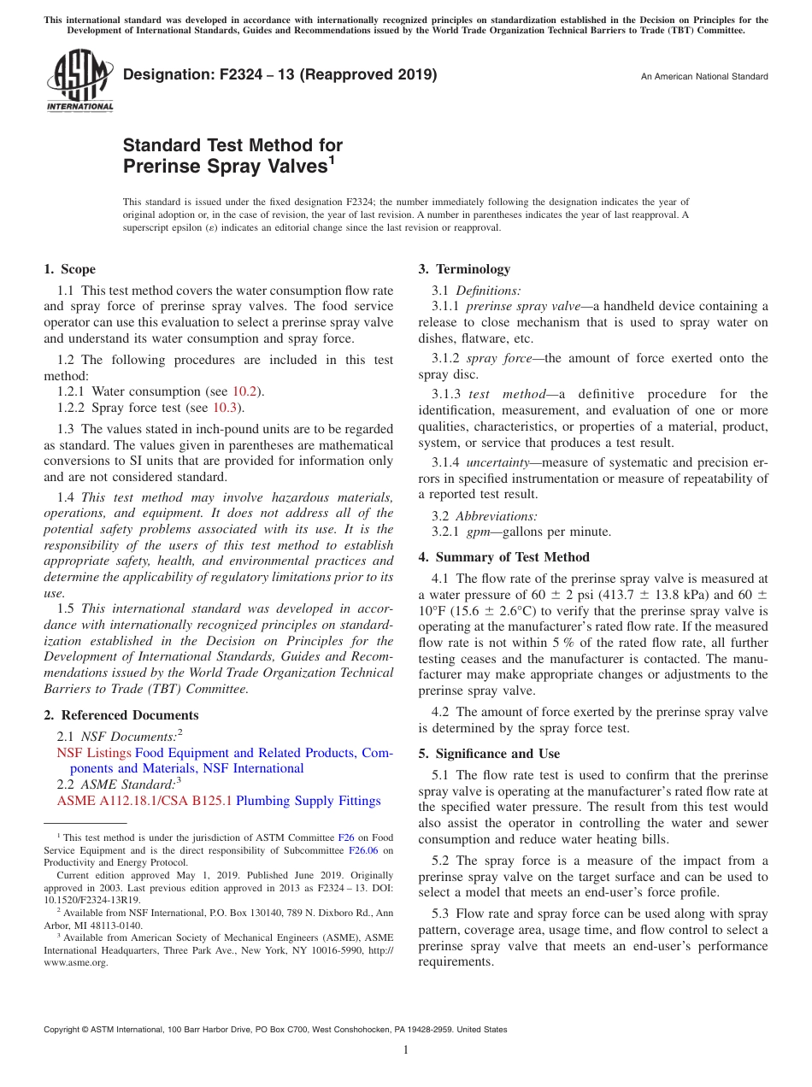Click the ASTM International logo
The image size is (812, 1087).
(79, 80)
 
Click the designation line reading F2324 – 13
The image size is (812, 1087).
(279, 74)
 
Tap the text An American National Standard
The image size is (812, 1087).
(703, 77)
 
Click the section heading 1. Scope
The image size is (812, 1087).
(69, 269)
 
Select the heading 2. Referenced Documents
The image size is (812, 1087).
(121, 715)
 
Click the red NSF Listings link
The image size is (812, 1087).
(94, 753)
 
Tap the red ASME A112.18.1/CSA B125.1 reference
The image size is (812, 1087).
(144, 801)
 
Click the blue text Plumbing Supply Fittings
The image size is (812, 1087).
(308, 801)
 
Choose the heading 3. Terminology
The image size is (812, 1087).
(464, 269)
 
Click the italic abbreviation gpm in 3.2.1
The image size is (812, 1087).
(477, 532)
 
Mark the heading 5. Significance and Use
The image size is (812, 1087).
(489, 754)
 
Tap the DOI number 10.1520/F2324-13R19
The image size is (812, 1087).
(81, 900)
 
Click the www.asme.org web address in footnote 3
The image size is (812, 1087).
(76, 962)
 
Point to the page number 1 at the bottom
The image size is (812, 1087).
(406, 1049)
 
